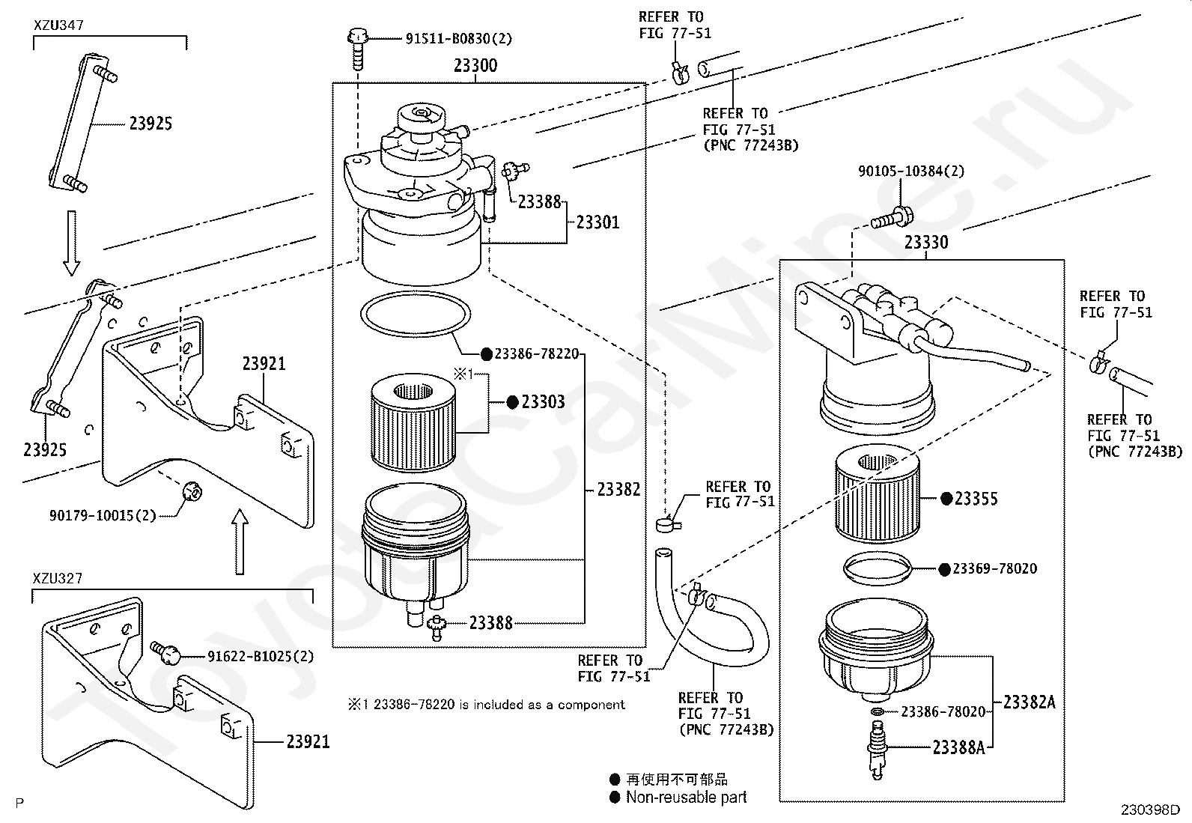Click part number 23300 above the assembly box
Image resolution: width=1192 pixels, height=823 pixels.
475,65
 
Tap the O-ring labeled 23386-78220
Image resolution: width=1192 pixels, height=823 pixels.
416,314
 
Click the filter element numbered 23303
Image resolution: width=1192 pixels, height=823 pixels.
413,422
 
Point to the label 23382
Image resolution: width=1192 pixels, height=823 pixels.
618,489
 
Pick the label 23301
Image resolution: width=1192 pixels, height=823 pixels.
597,222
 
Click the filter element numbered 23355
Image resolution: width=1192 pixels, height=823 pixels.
877,494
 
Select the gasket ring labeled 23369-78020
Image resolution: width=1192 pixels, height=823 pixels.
878,568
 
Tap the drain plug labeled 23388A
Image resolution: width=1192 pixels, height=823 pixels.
878,750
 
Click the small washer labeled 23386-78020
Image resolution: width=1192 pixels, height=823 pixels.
878,711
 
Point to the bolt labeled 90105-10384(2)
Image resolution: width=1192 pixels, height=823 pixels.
893,218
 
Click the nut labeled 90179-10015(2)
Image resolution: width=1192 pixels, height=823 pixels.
192,491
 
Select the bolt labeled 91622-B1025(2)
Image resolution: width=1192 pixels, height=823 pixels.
165,653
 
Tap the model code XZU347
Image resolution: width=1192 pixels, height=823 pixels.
58,25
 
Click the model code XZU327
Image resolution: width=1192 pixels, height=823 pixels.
58,578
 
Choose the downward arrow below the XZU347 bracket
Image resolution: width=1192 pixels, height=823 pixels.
71,243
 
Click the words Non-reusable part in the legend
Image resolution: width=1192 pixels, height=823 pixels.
687,797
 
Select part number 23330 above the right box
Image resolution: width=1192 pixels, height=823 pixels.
926,242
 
